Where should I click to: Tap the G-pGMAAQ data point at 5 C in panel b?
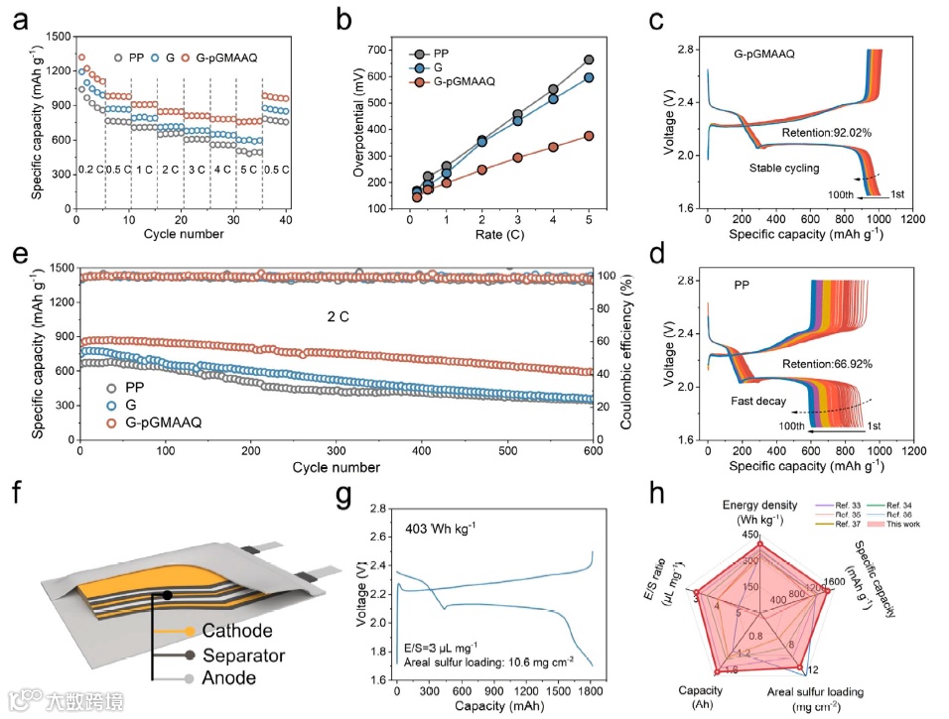[x=589, y=136]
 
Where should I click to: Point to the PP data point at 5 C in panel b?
[x=589, y=60]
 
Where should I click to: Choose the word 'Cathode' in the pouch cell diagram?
[x=236, y=631]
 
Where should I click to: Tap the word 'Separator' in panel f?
[x=243, y=655]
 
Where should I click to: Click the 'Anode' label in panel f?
[x=228, y=678]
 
